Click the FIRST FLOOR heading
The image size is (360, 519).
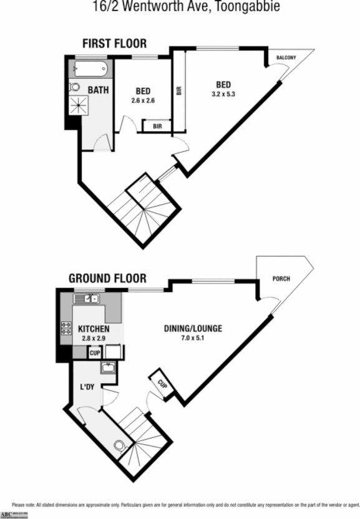(x=115, y=43)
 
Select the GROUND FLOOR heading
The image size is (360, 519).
(x=107, y=278)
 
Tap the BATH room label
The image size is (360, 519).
(x=98, y=90)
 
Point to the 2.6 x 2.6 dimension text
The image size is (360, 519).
(x=143, y=100)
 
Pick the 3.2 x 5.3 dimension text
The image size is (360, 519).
(x=224, y=94)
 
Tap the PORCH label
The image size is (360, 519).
(x=281, y=278)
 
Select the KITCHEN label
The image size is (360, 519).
(x=94, y=329)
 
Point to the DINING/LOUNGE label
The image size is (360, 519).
(x=193, y=329)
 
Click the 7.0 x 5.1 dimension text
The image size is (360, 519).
(x=193, y=338)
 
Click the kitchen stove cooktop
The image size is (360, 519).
(x=65, y=329)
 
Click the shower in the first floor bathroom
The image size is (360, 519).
(x=79, y=104)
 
